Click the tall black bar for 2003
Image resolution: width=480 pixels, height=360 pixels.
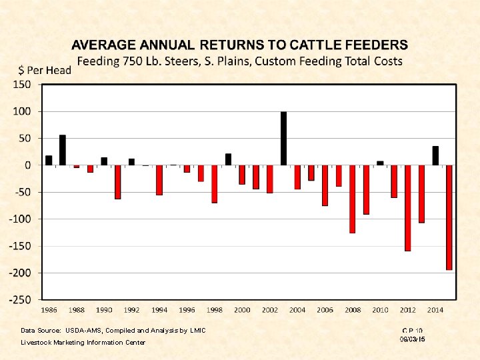point(283,139)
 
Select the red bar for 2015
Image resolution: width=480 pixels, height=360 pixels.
point(449,217)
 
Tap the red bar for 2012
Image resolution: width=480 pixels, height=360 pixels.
point(408,208)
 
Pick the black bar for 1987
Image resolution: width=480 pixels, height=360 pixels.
point(63,150)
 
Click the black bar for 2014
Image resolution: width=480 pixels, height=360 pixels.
point(435,155)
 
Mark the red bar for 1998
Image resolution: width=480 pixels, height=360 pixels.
point(215,184)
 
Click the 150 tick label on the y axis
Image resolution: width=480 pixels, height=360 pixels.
point(22,85)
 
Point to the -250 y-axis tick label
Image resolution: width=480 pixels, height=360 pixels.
point(20,300)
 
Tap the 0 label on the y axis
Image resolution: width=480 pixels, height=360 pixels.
point(28,165)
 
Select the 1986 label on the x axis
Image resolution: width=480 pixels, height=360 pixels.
point(49,310)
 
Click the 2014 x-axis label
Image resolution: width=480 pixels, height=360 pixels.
point(435,310)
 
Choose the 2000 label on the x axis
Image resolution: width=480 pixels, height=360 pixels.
point(242,310)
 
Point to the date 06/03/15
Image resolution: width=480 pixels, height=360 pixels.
point(412,339)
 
